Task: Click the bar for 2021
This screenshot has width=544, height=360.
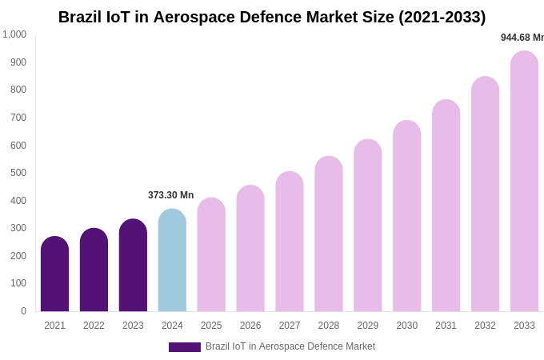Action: click(54, 274)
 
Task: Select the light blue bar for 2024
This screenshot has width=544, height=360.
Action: click(172, 260)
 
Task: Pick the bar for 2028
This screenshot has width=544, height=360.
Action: click(328, 234)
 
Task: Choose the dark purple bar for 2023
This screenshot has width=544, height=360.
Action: click(133, 265)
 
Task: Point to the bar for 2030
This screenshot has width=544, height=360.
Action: click(406, 216)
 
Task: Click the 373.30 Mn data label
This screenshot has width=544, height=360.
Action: click(170, 195)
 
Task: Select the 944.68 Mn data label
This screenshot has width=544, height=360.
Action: click(522, 38)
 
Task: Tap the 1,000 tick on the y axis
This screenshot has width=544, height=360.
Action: click(14, 34)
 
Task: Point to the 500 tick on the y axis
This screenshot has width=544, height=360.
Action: click(18, 173)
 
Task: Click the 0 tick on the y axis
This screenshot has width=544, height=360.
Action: click(23, 311)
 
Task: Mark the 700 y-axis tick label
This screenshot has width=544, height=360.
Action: click(18, 118)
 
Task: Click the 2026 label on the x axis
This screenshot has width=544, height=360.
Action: click(250, 326)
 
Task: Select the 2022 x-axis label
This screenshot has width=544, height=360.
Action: click(94, 326)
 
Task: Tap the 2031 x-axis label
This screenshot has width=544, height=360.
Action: click(446, 326)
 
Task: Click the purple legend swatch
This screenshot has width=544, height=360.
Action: click(184, 347)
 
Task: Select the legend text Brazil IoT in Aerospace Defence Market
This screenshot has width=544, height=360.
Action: click(290, 346)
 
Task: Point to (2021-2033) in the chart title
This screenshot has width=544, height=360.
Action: click(442, 17)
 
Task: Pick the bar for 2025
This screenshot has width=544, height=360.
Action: click(211, 254)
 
